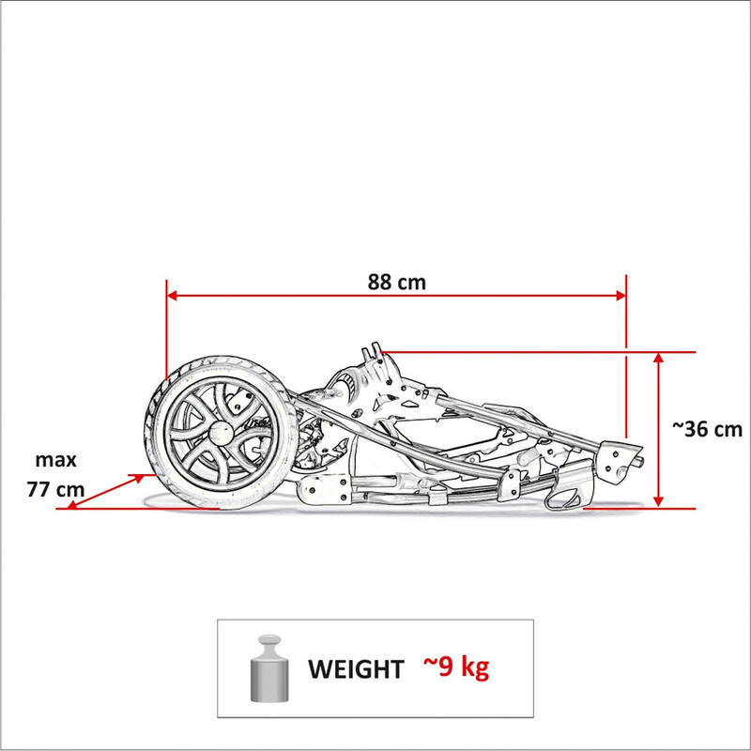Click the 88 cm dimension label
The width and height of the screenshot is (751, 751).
396,283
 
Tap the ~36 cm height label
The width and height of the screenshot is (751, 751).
707,429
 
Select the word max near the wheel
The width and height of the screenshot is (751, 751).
55,460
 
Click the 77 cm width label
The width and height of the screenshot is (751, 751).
55,489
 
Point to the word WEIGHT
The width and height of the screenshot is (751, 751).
356,669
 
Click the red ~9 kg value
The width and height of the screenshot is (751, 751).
456,667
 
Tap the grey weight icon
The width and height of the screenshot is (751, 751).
269,668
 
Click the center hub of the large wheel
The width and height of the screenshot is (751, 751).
221,433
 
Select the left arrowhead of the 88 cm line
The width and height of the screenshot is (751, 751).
172,296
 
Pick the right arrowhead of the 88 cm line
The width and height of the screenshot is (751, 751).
621,296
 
